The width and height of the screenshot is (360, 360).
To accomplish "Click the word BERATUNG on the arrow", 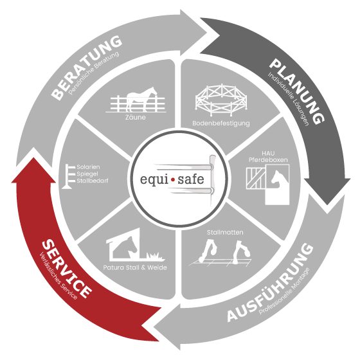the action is pos(86,67).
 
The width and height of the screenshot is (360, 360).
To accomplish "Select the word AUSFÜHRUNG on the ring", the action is pos(271,283).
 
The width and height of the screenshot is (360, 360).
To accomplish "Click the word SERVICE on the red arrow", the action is pos(67,269).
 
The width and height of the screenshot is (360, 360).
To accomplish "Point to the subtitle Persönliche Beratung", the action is pos(94,73).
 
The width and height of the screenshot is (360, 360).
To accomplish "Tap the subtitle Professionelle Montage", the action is pos(284,291).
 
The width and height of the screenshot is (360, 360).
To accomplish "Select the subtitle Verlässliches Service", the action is pos(59,276).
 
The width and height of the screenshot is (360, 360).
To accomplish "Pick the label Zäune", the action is pos(136,117).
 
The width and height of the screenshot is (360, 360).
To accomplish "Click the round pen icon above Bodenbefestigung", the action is pos(221,100).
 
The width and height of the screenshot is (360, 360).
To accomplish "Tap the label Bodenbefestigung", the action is pos(221,123).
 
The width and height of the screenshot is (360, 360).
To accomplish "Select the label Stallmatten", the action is pos(225,232).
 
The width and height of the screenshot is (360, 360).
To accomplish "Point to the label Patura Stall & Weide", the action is pos(135,267).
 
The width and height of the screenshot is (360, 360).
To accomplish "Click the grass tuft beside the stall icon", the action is pos(156,256).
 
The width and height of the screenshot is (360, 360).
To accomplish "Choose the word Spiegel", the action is pos(87,174).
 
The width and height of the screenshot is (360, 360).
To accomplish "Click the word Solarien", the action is pos(88,167).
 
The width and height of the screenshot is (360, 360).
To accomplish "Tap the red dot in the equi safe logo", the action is pos(173,180).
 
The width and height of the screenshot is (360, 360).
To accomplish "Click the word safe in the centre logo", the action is pos(191,179).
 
